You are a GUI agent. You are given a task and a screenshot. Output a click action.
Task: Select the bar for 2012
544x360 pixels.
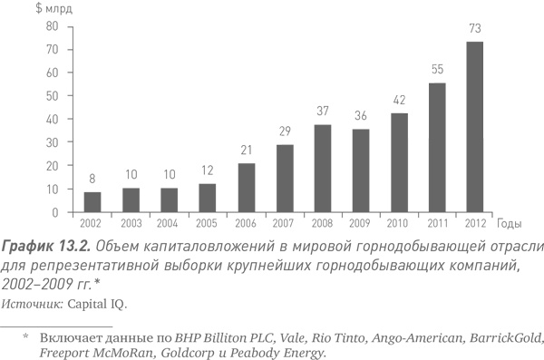pyautogui.click(x=475, y=127)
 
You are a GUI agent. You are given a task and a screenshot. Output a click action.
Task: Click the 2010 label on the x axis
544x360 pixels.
pyautogui.click(x=399, y=223)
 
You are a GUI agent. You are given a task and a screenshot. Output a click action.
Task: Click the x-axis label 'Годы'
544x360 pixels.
pyautogui.click(x=510, y=223)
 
